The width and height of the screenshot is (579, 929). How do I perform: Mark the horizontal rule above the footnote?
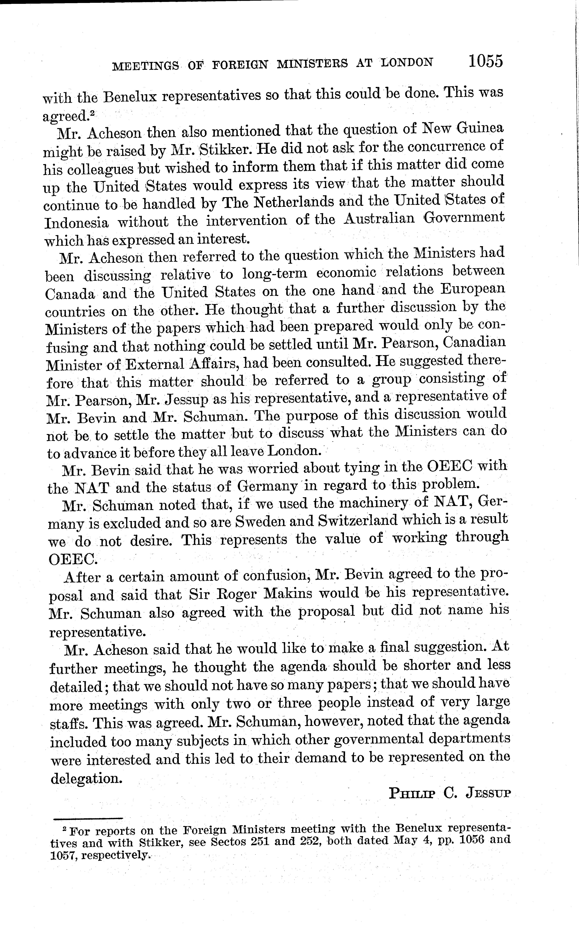point(88,819)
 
